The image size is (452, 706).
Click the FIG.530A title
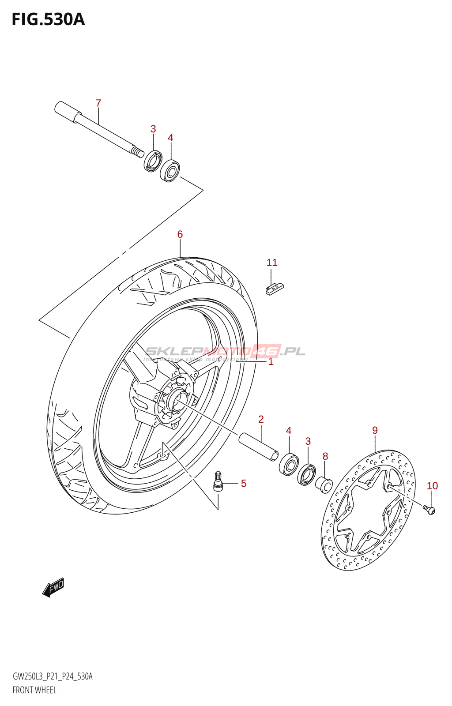pos(48,19)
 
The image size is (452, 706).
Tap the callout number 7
pos(98,103)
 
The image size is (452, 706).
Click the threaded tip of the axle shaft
pos(138,152)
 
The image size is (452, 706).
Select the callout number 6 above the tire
pos(180,234)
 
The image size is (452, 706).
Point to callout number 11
pos(272,263)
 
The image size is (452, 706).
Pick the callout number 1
pos(271,362)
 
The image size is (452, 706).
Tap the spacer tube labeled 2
pos(259,447)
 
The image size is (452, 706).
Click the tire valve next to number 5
pos(218,481)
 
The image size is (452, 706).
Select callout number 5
pos(244,484)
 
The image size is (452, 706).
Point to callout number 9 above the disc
pos(375,430)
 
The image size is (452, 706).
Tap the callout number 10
pos(432,486)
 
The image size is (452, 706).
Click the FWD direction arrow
pos(53,587)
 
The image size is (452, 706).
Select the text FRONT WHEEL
pos(34,690)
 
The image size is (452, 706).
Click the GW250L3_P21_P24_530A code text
pos(53,676)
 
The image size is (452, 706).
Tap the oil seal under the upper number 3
pos(153,161)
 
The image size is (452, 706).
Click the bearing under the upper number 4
pos(170,171)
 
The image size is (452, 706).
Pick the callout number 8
pos(325,456)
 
